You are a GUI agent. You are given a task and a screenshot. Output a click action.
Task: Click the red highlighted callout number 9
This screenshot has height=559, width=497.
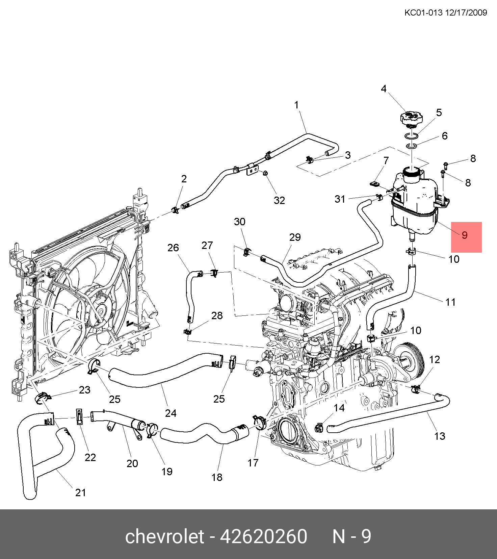[465, 235]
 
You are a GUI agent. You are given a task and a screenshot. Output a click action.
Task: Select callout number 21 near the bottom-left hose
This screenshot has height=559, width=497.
[80, 492]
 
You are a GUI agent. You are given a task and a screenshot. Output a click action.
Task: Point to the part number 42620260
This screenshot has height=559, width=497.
[264, 536]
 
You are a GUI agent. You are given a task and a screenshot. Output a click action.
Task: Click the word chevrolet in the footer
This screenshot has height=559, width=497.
[164, 536]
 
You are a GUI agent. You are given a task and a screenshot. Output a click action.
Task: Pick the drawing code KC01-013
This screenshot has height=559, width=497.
[423, 13]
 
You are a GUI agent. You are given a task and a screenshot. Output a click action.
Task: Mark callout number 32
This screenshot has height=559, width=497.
[279, 200]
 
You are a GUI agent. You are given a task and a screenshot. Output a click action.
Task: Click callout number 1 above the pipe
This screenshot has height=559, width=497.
[296, 105]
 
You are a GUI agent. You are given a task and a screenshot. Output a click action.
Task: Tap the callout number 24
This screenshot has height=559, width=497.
[171, 413]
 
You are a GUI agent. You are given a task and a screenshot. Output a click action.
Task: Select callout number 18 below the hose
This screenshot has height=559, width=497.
[217, 477]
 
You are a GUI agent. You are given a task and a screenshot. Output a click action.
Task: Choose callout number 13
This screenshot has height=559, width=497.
[440, 436]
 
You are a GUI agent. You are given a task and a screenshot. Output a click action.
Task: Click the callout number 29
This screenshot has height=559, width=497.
[295, 237]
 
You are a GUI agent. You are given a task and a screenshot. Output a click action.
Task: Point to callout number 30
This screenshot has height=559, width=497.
[239, 222]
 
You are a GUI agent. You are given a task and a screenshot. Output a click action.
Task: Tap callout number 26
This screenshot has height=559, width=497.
[173, 248]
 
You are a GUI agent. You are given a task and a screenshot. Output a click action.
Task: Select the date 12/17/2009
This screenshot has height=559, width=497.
[466, 13]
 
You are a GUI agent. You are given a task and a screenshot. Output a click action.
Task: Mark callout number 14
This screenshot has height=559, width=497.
[339, 408]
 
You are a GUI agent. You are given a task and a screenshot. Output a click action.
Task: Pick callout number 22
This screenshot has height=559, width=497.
[90, 457]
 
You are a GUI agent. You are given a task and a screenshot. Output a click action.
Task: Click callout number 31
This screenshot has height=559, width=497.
[340, 199]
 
